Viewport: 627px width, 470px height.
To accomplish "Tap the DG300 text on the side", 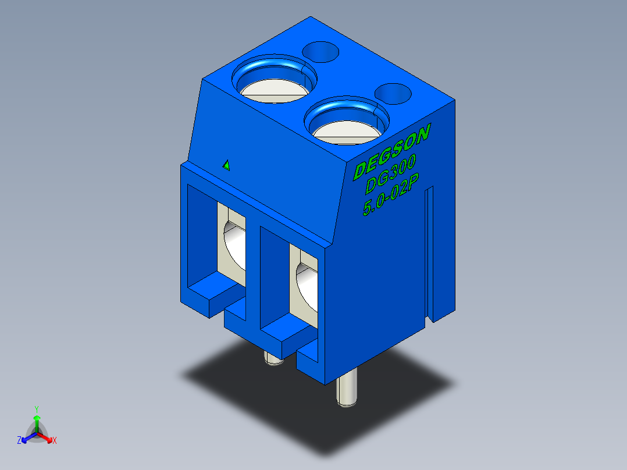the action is (391, 175).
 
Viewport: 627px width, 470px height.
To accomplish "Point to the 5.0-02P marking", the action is (391, 194).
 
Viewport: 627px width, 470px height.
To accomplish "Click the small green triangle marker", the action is (226, 165).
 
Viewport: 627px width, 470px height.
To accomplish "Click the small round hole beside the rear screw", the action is (320, 52).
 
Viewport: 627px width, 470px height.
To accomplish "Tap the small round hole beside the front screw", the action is (393, 94).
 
